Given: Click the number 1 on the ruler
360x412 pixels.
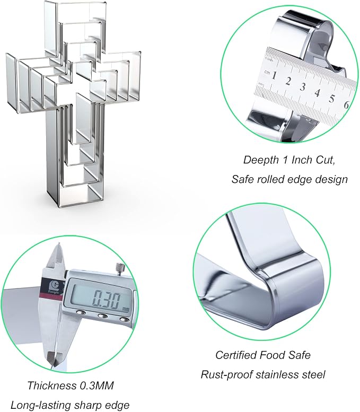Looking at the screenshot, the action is (274, 75).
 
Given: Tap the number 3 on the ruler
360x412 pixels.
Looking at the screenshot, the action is (303, 87).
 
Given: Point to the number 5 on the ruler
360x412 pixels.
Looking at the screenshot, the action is (331, 99).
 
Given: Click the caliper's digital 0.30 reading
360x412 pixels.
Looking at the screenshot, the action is (107, 299).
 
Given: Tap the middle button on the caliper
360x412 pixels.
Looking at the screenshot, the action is (102, 316).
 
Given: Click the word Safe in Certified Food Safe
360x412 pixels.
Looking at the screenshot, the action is (300, 355).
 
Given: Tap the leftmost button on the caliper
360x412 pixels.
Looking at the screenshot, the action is (81, 313).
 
